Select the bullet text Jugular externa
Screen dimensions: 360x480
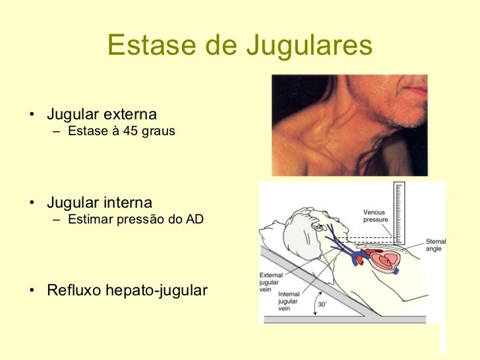102,115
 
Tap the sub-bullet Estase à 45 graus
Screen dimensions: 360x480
121,131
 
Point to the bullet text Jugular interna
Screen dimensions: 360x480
99,202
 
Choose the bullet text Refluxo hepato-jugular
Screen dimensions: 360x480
127,291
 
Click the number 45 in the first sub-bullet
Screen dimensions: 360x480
131,131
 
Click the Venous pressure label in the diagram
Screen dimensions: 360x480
376,216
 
